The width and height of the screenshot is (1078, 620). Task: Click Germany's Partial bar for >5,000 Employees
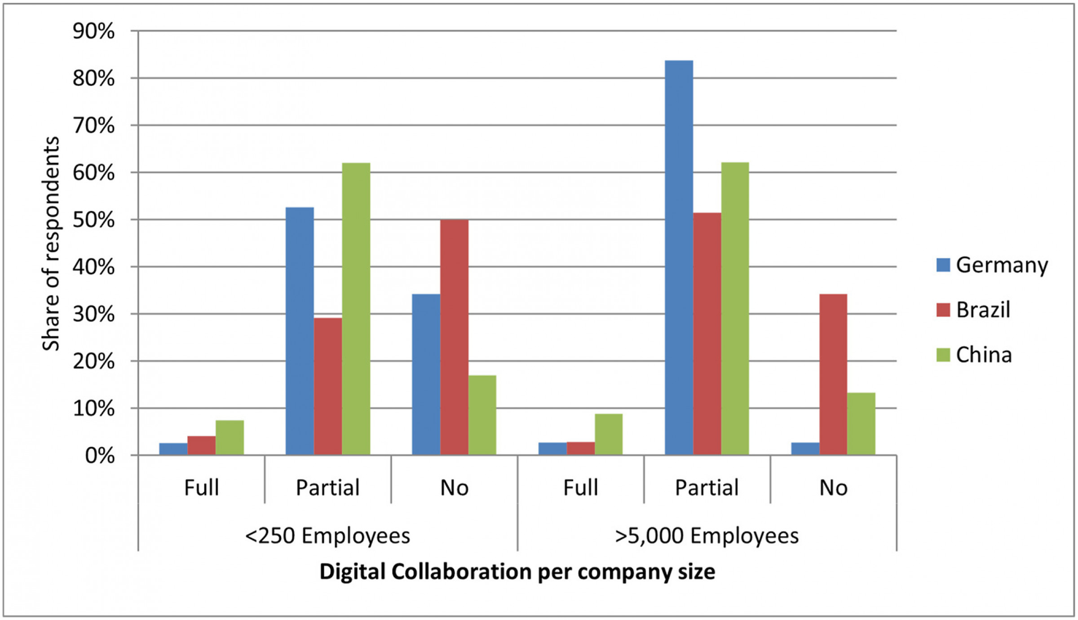(679, 258)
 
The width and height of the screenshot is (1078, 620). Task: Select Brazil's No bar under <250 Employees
(454, 337)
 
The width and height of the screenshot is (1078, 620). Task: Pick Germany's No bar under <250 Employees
(426, 374)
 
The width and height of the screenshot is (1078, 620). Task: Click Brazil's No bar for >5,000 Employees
(833, 374)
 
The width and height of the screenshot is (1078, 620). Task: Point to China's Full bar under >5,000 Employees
(609, 434)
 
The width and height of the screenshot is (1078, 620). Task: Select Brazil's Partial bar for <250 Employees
(328, 386)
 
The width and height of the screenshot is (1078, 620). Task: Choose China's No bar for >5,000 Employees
(861, 424)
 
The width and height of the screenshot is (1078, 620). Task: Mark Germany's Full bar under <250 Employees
(173, 449)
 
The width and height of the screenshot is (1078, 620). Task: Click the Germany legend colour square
(943, 265)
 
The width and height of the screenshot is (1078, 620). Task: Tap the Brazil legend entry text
(983, 310)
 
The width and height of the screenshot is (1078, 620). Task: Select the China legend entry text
(984, 355)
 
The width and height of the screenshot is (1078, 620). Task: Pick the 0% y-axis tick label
(100, 456)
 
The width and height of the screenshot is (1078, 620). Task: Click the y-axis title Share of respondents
(51, 243)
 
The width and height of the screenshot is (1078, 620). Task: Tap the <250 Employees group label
(327, 536)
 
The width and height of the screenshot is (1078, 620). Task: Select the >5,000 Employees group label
(707, 536)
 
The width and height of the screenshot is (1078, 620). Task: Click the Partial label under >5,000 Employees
(707, 488)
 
